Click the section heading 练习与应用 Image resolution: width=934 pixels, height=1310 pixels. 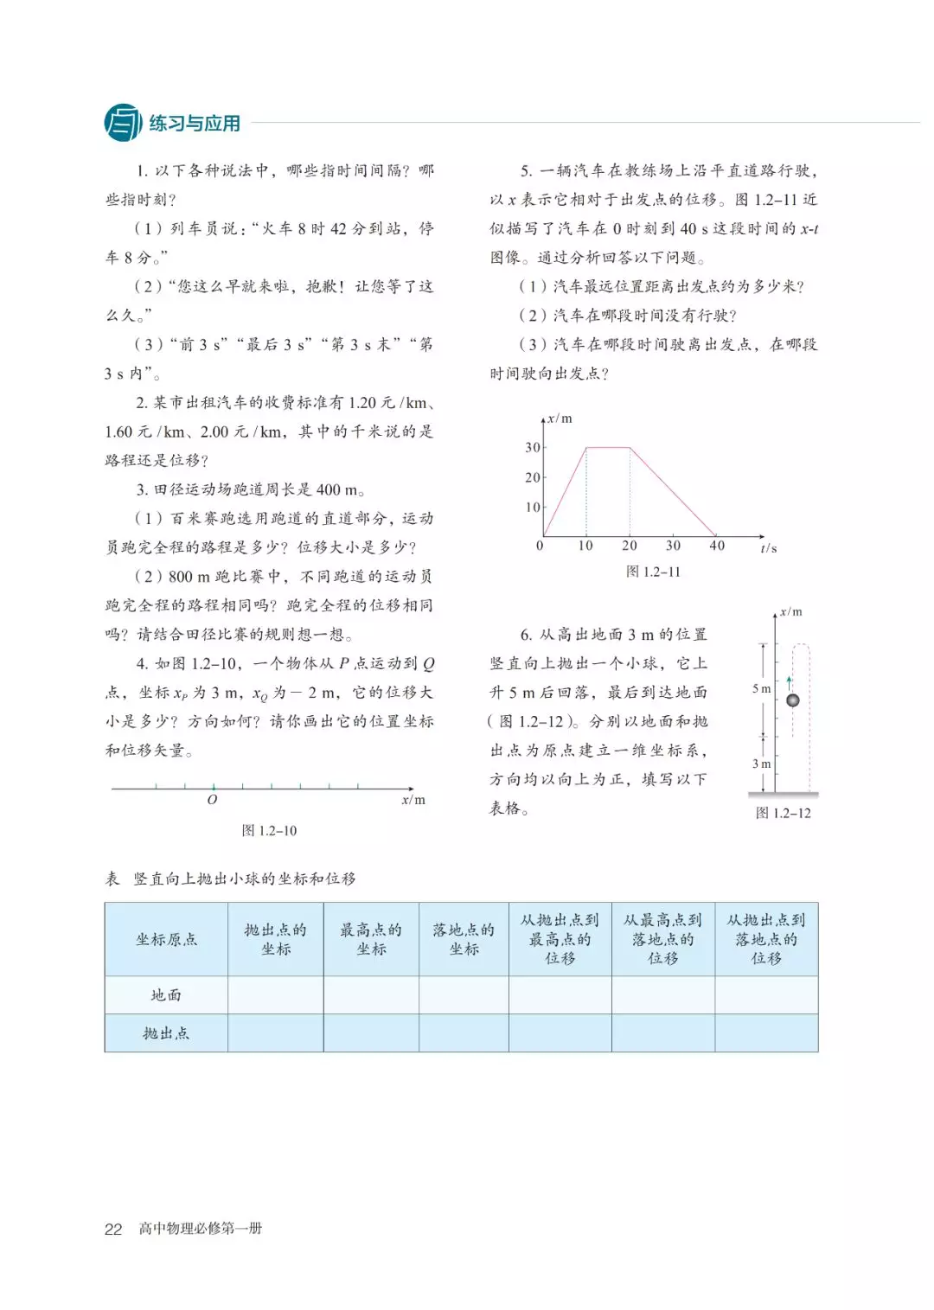pyautogui.click(x=195, y=124)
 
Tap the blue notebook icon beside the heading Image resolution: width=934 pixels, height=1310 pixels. pyautogui.click(x=123, y=123)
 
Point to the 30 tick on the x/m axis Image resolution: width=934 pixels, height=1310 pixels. pyautogui.click(x=533, y=447)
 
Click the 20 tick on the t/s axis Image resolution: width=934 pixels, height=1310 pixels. pyautogui.click(x=630, y=546)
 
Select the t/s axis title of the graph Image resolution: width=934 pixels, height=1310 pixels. pyautogui.click(x=768, y=548)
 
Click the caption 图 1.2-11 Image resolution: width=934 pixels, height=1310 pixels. pyautogui.click(x=653, y=572)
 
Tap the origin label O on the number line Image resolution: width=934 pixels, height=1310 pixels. pyautogui.click(x=212, y=800)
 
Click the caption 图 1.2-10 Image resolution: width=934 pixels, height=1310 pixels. pyautogui.click(x=269, y=830)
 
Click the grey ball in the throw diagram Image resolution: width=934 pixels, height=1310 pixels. pyautogui.click(x=792, y=700)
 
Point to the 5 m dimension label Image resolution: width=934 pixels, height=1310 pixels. pyautogui.click(x=761, y=688)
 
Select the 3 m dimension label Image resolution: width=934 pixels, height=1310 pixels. pyautogui.click(x=761, y=764)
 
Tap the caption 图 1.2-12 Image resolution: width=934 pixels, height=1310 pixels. pyautogui.click(x=783, y=813)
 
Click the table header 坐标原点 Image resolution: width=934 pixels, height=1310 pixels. pyautogui.click(x=166, y=939)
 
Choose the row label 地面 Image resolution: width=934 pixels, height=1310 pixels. pyautogui.click(x=166, y=995)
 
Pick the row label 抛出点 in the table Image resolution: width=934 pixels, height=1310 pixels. pyautogui.click(x=166, y=1033)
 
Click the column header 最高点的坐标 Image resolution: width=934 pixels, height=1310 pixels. pyautogui.click(x=371, y=939)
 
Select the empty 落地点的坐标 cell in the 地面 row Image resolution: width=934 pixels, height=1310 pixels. pyautogui.click(x=464, y=995)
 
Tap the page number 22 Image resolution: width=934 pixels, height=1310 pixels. pyautogui.click(x=113, y=1229)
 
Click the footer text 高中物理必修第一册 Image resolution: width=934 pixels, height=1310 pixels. pyautogui.click(x=201, y=1229)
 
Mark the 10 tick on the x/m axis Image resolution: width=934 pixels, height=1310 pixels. pyautogui.click(x=533, y=507)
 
